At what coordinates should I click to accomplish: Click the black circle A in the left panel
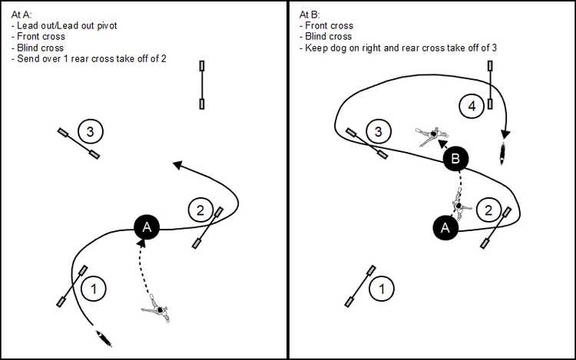pos(147,226)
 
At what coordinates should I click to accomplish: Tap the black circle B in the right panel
pos(456,160)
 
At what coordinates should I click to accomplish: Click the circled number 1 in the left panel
pos(94,289)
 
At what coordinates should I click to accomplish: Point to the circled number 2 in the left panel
pos(200,210)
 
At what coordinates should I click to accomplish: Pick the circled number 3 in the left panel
pos(91,132)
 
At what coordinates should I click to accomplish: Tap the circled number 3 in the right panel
pos(378,132)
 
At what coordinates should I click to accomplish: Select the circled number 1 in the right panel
pos(379,289)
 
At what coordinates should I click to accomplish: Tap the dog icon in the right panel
pos(503,154)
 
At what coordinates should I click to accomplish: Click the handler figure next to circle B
pos(432,136)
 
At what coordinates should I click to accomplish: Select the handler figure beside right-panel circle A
pos(459,206)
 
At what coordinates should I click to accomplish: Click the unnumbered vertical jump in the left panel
pos(202,85)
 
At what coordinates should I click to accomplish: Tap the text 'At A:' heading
pos(22,14)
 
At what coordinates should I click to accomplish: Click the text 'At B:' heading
pos(309,14)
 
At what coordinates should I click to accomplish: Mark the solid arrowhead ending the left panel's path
pos(177,163)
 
